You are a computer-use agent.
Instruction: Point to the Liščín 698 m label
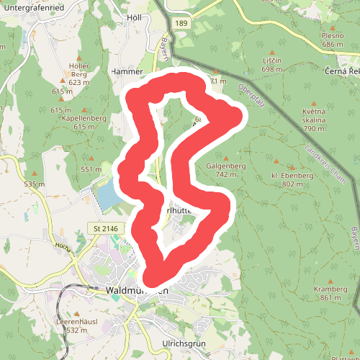click(271, 65)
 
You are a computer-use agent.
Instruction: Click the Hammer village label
click(127, 72)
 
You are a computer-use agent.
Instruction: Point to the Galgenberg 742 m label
click(227, 170)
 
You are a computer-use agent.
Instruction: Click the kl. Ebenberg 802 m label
click(292, 179)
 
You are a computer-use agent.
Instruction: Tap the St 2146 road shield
click(105, 228)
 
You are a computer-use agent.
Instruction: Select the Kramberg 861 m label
click(330, 293)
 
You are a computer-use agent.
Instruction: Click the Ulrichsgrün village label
click(184, 344)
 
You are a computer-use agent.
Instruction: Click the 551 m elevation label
click(91, 169)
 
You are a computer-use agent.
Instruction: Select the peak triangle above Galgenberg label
click(226, 158)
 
